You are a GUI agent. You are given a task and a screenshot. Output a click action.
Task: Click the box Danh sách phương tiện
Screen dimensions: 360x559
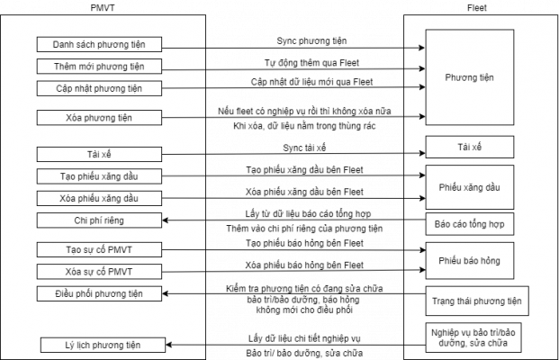pos(99,45)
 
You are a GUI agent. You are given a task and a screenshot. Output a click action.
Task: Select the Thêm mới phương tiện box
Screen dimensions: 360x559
pos(99,67)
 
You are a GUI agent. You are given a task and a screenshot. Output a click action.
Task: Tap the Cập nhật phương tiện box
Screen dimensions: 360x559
pos(99,88)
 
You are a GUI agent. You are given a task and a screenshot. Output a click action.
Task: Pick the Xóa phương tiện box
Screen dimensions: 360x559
pos(99,118)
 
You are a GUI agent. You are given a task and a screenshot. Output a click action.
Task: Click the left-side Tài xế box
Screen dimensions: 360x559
pos(99,154)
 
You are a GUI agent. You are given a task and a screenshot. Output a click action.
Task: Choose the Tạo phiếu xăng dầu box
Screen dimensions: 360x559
pos(99,175)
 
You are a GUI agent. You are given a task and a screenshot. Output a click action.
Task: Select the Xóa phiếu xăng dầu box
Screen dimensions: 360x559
pos(99,198)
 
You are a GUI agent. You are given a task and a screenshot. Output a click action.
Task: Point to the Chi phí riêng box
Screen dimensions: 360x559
pos(99,220)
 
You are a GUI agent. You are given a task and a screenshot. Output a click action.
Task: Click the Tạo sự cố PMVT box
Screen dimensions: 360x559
pos(99,249)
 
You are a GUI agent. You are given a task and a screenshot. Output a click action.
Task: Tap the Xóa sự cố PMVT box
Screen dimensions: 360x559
pos(99,271)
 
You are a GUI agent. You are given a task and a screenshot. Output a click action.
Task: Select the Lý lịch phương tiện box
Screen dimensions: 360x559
pos(103,345)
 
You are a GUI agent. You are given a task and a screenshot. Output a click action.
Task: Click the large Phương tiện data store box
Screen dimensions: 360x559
pos(469,77)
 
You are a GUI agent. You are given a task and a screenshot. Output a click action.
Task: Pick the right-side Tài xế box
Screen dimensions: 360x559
pos(469,147)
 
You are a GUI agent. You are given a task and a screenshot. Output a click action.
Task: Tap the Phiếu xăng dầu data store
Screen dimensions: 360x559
pos(469,187)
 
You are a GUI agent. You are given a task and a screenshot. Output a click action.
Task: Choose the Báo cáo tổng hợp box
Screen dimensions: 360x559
pos(469,222)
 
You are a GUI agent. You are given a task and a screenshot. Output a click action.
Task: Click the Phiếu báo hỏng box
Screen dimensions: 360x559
pos(469,261)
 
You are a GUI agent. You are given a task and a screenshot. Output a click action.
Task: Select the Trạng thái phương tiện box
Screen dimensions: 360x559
pos(477,301)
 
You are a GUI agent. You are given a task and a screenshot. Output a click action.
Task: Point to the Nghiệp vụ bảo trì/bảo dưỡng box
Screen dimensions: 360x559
pos(473,337)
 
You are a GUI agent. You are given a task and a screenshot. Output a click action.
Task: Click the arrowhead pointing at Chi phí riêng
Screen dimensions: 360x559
pos(167,220)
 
